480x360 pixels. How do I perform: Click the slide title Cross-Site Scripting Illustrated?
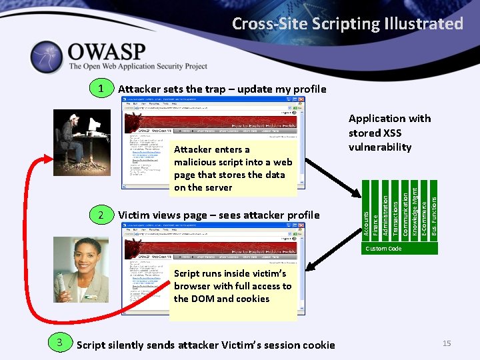[x=347, y=24]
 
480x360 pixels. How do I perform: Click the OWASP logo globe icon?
[x=45, y=57]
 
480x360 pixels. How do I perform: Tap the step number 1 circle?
[x=101, y=89]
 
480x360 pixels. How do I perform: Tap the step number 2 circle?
[x=101, y=215]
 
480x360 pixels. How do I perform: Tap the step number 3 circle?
[x=60, y=343]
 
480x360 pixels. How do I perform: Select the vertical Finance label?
[x=375, y=224]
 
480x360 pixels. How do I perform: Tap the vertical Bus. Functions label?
[x=435, y=214]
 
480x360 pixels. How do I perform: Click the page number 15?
[x=447, y=343]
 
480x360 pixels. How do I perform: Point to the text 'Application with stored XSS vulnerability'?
[x=389, y=133]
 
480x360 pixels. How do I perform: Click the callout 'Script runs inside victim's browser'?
[x=232, y=286]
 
